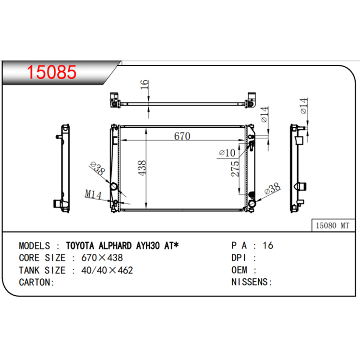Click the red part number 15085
click(52, 72)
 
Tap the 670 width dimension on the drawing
click(182, 136)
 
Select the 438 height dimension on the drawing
click(142, 168)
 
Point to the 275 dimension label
click(235, 169)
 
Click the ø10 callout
click(227, 153)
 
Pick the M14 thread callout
click(93, 194)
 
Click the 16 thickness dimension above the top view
click(144, 84)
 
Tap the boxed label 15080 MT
click(333, 226)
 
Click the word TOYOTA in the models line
click(80, 246)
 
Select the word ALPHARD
click(115, 246)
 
